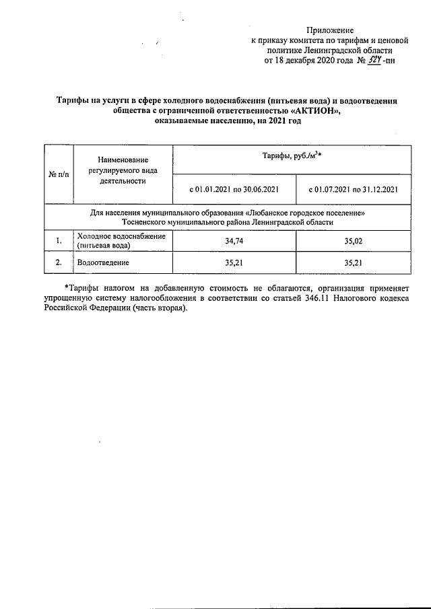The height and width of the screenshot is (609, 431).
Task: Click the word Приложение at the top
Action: [329, 30]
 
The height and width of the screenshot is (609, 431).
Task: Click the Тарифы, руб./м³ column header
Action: [291, 157]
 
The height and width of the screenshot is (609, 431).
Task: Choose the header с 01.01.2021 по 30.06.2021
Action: [234, 190]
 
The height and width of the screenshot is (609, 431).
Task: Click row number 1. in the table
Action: [59, 240]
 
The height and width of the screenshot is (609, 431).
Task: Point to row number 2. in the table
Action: [59, 262]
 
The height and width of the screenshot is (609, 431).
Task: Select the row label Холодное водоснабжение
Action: [121, 236]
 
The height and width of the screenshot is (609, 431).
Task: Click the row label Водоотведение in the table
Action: [103, 262]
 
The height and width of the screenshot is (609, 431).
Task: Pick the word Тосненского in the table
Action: [146, 221]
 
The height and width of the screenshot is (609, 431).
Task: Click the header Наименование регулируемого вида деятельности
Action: [122, 170]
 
